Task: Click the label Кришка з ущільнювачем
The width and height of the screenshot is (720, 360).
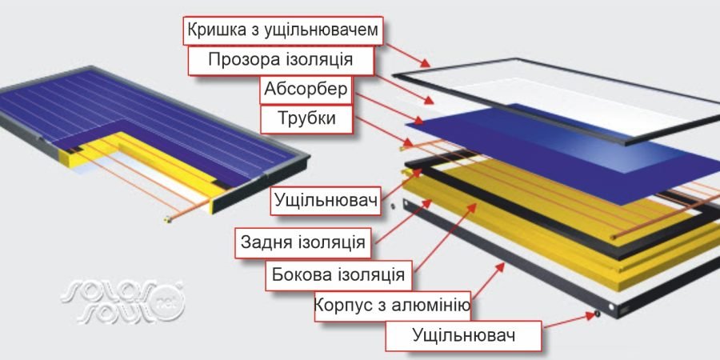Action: pyautogui.click(x=283, y=30)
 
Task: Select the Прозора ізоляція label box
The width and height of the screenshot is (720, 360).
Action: pyautogui.click(x=281, y=61)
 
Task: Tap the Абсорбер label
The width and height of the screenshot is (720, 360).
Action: pyautogui.click(x=306, y=90)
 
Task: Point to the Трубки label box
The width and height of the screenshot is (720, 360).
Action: pyautogui.click(x=306, y=119)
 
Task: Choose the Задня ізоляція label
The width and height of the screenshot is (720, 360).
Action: pyautogui.click(x=303, y=242)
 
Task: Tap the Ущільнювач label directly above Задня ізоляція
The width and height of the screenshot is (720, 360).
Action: pyautogui.click(x=326, y=201)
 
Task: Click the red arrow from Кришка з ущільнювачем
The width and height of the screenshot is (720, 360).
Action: pyautogui.click(x=408, y=55)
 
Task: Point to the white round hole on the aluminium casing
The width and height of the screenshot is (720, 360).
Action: pyautogui.click(x=611, y=306)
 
